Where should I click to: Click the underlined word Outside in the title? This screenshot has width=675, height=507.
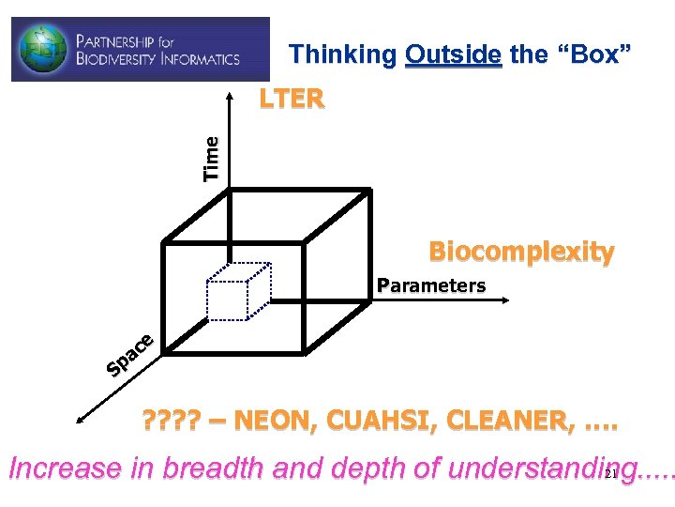[x=454, y=54]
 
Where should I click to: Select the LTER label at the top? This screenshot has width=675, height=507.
[x=292, y=99]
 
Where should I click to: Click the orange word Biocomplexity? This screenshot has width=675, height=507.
[x=521, y=253]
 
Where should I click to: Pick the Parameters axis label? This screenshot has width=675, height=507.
[x=431, y=285]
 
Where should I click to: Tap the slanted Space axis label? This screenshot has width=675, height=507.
[x=129, y=354]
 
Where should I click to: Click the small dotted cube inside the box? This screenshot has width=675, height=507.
[x=238, y=291]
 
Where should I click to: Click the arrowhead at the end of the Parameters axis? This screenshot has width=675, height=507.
[x=503, y=300]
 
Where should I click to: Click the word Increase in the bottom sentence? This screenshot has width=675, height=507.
[x=67, y=469]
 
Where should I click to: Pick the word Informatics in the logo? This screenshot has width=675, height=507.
[x=202, y=59]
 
